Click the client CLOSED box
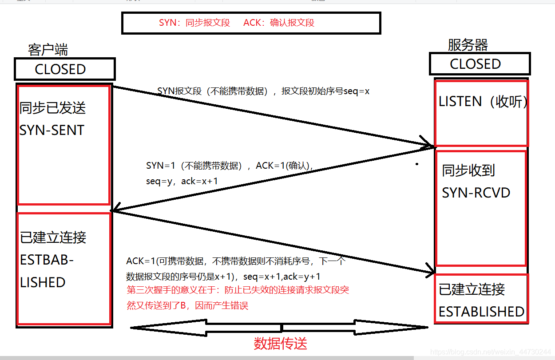click(64, 69)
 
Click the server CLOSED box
click(480, 64)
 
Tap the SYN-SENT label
click(52, 130)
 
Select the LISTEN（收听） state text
click(483, 102)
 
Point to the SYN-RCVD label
click(476, 193)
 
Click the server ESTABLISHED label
click(481, 312)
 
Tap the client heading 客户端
click(48, 49)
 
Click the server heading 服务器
click(468, 45)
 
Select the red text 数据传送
click(281, 343)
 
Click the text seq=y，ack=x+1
click(182, 181)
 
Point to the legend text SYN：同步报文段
click(194, 23)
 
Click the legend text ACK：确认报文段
click(279, 23)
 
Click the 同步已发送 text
click(52, 108)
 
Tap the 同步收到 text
click(468, 170)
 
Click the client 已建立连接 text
click(53, 237)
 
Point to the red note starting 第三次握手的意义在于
click(238, 291)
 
